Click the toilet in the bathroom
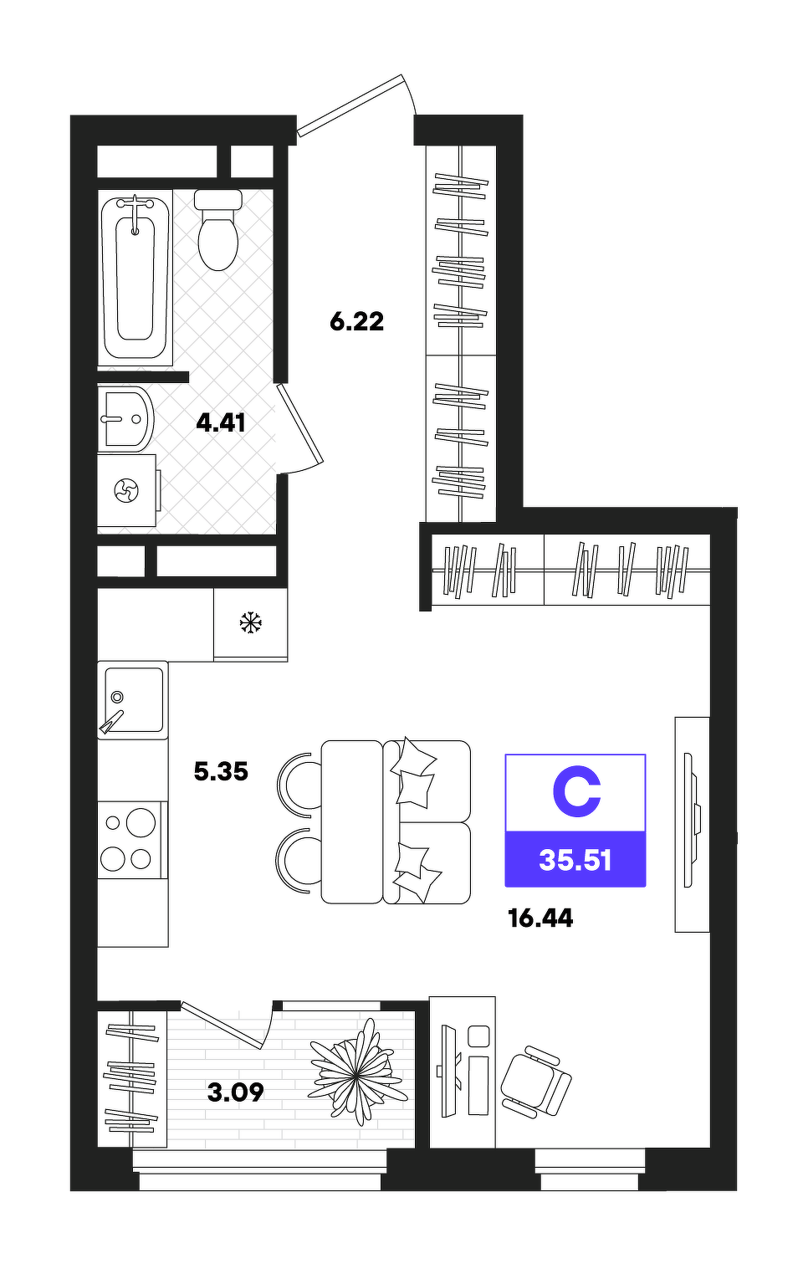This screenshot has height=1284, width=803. pos(217,230)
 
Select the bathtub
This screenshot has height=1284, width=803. pos(136,278)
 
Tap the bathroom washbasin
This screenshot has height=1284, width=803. pos(125,419)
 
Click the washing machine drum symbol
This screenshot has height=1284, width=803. pos(126,491)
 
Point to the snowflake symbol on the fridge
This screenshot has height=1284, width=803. pos(250,622)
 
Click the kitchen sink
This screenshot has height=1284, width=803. pos(132,700)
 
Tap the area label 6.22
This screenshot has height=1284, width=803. pos(356,321)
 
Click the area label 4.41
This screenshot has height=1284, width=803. pos(221,423)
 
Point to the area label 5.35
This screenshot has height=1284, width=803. pos(221,771)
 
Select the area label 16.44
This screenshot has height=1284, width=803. pos(540,918)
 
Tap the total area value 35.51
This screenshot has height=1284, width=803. pos(575,861)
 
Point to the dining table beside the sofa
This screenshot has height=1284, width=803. pos(351,821)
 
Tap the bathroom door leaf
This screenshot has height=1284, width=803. pos(300,423)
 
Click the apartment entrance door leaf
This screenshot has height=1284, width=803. pos(350,106)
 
